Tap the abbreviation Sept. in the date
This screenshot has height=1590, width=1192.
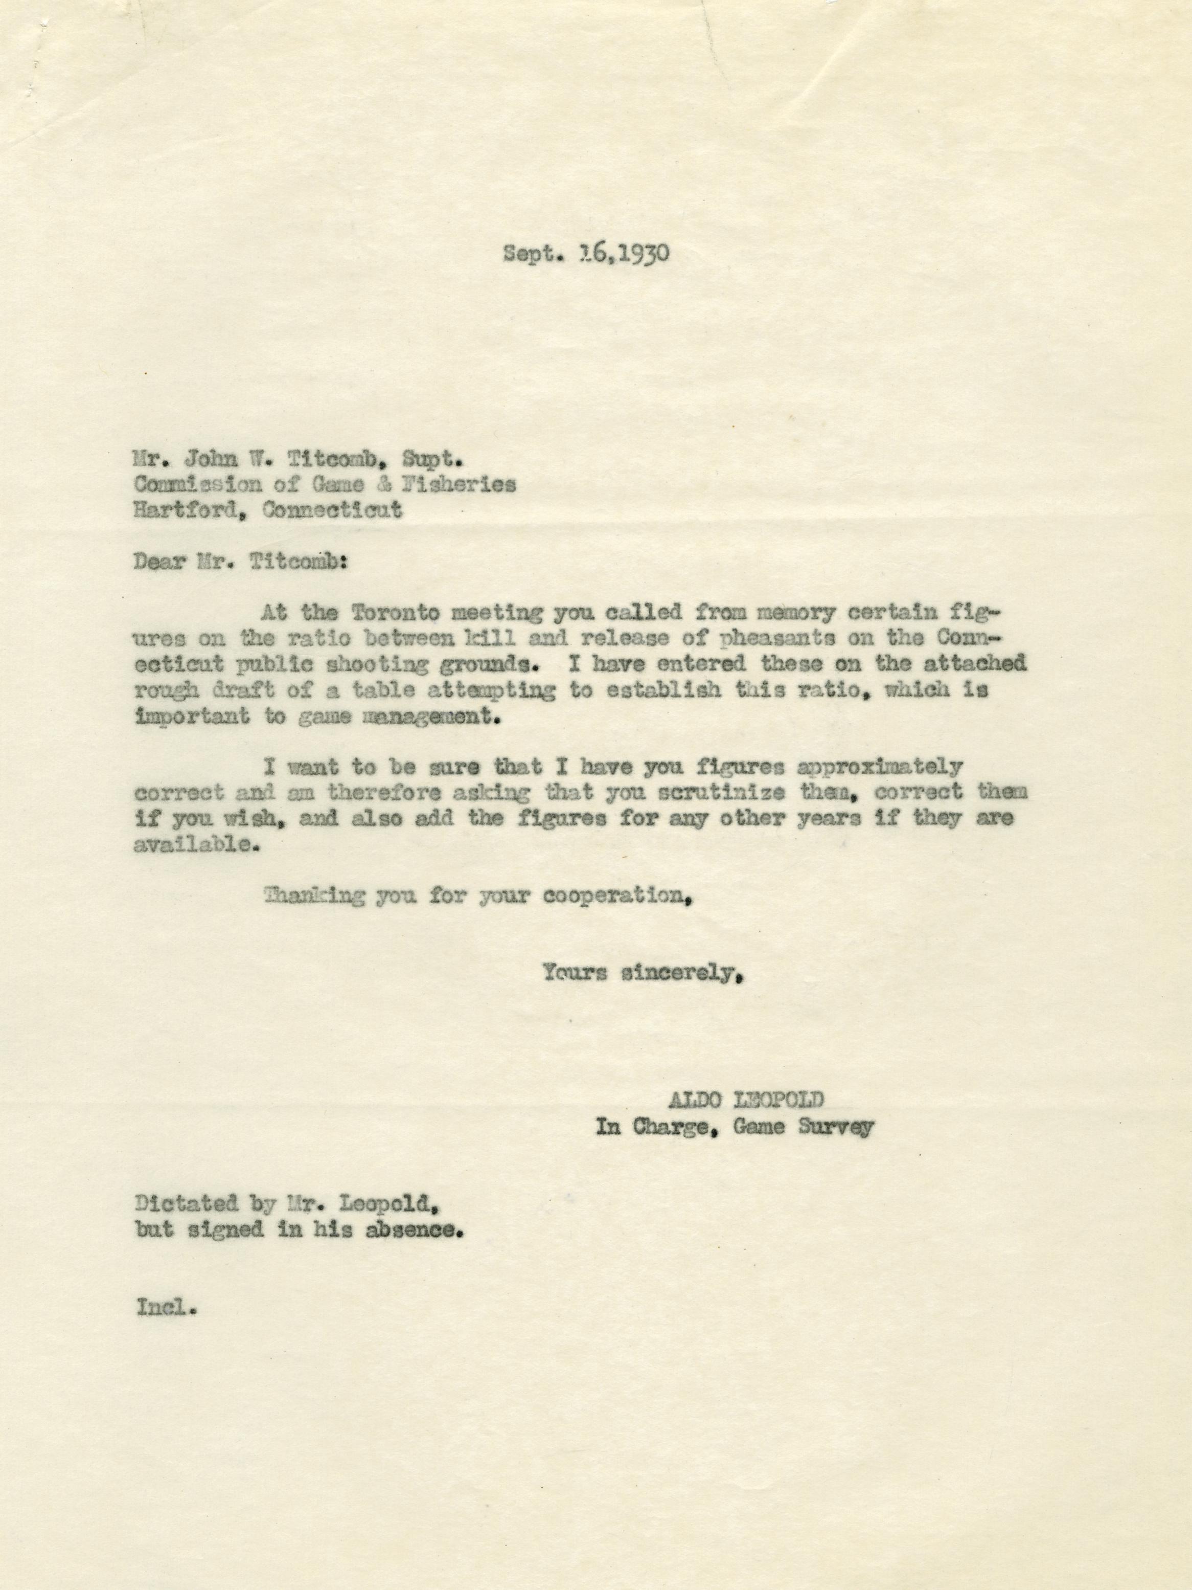530,255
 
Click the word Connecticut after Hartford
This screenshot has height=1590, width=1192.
333,510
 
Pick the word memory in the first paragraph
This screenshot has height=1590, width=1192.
791,612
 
